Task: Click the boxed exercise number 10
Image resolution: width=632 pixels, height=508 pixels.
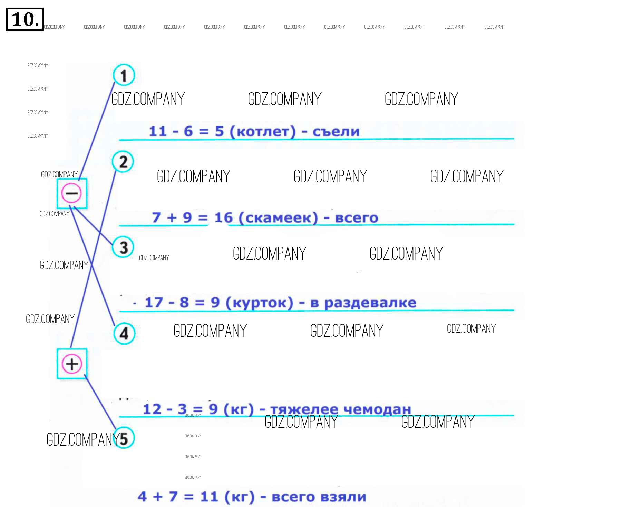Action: tap(25, 19)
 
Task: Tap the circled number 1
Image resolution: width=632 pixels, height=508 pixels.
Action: tap(124, 75)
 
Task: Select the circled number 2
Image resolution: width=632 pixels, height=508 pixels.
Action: tap(123, 162)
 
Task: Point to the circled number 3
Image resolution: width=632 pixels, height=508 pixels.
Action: tap(123, 247)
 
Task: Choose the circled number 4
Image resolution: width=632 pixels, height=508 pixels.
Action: tap(124, 333)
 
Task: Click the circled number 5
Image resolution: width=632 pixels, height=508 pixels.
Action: tap(124, 438)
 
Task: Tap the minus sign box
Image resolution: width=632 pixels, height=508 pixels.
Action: tap(72, 193)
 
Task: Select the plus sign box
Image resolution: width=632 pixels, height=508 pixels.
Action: tap(72, 364)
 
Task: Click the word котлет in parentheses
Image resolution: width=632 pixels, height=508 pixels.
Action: tap(262, 132)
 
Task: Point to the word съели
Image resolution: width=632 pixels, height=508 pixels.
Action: tap(336, 132)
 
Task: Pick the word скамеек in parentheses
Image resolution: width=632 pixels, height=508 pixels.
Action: tap(278, 218)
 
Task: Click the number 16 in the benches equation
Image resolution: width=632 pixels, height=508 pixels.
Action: tap(223, 218)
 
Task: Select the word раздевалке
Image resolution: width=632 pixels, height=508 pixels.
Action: tap(370, 303)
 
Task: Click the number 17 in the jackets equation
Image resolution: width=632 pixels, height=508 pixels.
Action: tap(154, 303)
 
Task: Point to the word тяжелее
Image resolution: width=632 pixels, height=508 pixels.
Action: tap(304, 409)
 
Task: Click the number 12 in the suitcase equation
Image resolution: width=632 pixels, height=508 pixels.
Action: tap(152, 409)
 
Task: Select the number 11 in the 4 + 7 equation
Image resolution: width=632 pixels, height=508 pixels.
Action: tap(209, 497)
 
